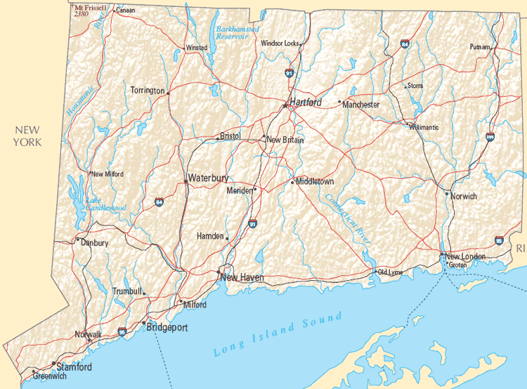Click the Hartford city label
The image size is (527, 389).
click(306, 103)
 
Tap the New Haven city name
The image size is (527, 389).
click(242, 278)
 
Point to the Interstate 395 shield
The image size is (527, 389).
click(490, 137)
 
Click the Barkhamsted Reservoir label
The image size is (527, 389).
click(237, 33)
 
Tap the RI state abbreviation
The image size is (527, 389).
click(520, 249)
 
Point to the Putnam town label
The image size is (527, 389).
click(481, 47)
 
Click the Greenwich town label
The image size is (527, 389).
click(50, 376)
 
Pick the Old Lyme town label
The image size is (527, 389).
click(390, 272)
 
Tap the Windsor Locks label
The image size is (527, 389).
click(280, 43)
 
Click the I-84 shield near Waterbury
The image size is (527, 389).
click(160, 202)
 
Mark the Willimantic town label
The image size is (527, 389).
click(424, 127)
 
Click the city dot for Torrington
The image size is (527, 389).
click(168, 92)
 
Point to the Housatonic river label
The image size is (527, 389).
click(80, 100)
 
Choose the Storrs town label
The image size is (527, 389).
click(415, 86)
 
